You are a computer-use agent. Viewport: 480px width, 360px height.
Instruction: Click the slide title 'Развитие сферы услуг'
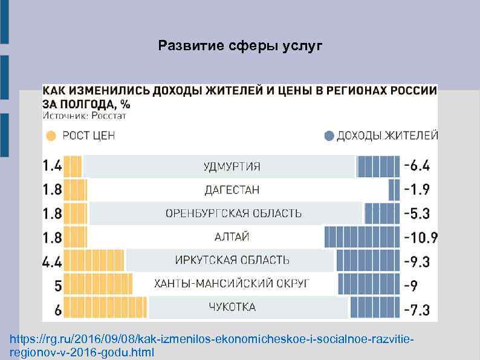(240, 46)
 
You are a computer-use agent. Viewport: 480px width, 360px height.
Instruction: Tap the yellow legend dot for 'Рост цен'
(51, 136)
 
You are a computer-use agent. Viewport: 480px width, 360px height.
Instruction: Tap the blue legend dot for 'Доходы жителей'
(329, 136)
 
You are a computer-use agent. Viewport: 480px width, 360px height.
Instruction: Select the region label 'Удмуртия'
(232, 166)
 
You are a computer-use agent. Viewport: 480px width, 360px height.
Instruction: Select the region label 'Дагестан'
(232, 190)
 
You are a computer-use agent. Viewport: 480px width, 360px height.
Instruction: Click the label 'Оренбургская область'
(233, 214)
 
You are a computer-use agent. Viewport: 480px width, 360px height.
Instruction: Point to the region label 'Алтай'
(232, 237)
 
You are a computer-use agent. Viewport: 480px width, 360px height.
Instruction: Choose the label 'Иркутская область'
(232, 260)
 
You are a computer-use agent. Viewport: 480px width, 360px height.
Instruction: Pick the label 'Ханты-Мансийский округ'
(232, 284)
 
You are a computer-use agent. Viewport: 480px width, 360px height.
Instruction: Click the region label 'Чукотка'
(232, 307)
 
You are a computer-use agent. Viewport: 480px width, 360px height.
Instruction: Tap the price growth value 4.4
(52, 261)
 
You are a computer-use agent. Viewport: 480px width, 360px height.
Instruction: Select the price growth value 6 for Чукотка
(57, 310)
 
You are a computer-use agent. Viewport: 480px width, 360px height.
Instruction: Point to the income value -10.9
(421, 237)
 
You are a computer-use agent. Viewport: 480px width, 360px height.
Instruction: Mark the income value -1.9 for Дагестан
(417, 190)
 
